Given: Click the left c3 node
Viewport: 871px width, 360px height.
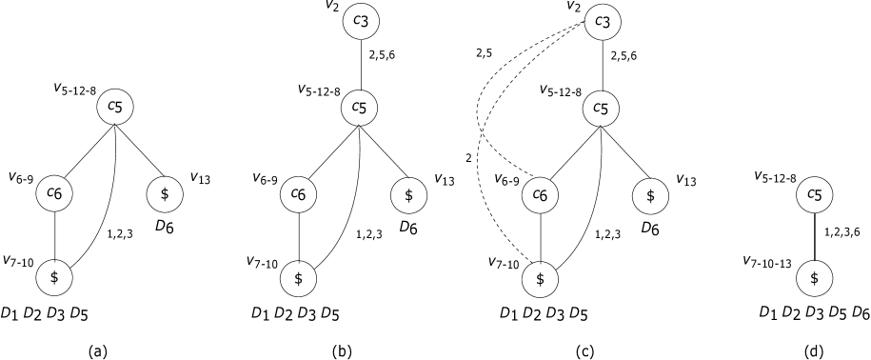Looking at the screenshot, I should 362,22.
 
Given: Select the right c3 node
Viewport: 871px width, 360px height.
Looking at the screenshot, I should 602,22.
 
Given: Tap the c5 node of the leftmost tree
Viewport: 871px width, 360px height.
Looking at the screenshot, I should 115,107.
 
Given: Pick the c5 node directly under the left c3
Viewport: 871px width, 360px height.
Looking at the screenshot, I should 359,108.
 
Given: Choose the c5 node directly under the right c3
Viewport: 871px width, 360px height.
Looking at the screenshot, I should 601,108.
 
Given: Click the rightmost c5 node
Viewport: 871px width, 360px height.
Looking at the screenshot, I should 814,195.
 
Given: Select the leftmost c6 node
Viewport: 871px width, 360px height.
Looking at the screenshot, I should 54,193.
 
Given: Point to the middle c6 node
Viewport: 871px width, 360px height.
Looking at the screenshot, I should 298,194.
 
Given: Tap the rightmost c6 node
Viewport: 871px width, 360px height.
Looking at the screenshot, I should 540,195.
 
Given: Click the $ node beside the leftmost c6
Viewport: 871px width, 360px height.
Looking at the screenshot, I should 165,194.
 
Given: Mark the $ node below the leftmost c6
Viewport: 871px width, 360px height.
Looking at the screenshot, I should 54,278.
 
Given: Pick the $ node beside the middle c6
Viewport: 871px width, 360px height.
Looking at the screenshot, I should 408,195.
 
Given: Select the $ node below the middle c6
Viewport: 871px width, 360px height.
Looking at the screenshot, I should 298,279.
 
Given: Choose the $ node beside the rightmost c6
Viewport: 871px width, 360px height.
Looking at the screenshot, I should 650,196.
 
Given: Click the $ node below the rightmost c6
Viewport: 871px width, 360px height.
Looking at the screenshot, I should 540,279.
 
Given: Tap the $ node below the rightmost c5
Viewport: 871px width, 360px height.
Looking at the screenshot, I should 814,279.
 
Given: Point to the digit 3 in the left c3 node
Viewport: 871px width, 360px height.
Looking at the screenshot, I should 366,22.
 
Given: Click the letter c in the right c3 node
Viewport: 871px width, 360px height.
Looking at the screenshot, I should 597,20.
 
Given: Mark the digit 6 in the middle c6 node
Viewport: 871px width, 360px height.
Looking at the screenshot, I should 302,195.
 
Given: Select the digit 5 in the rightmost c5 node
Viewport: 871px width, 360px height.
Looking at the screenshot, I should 819,195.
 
